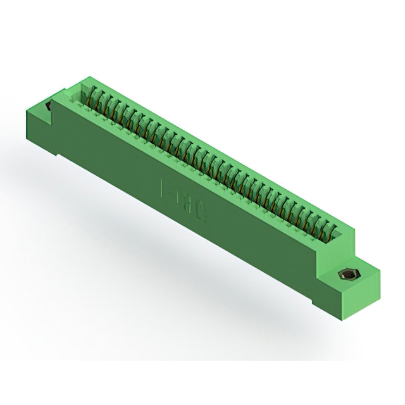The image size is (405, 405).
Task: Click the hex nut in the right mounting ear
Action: pos(347,275)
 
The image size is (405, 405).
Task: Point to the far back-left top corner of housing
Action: pos(83,77)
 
